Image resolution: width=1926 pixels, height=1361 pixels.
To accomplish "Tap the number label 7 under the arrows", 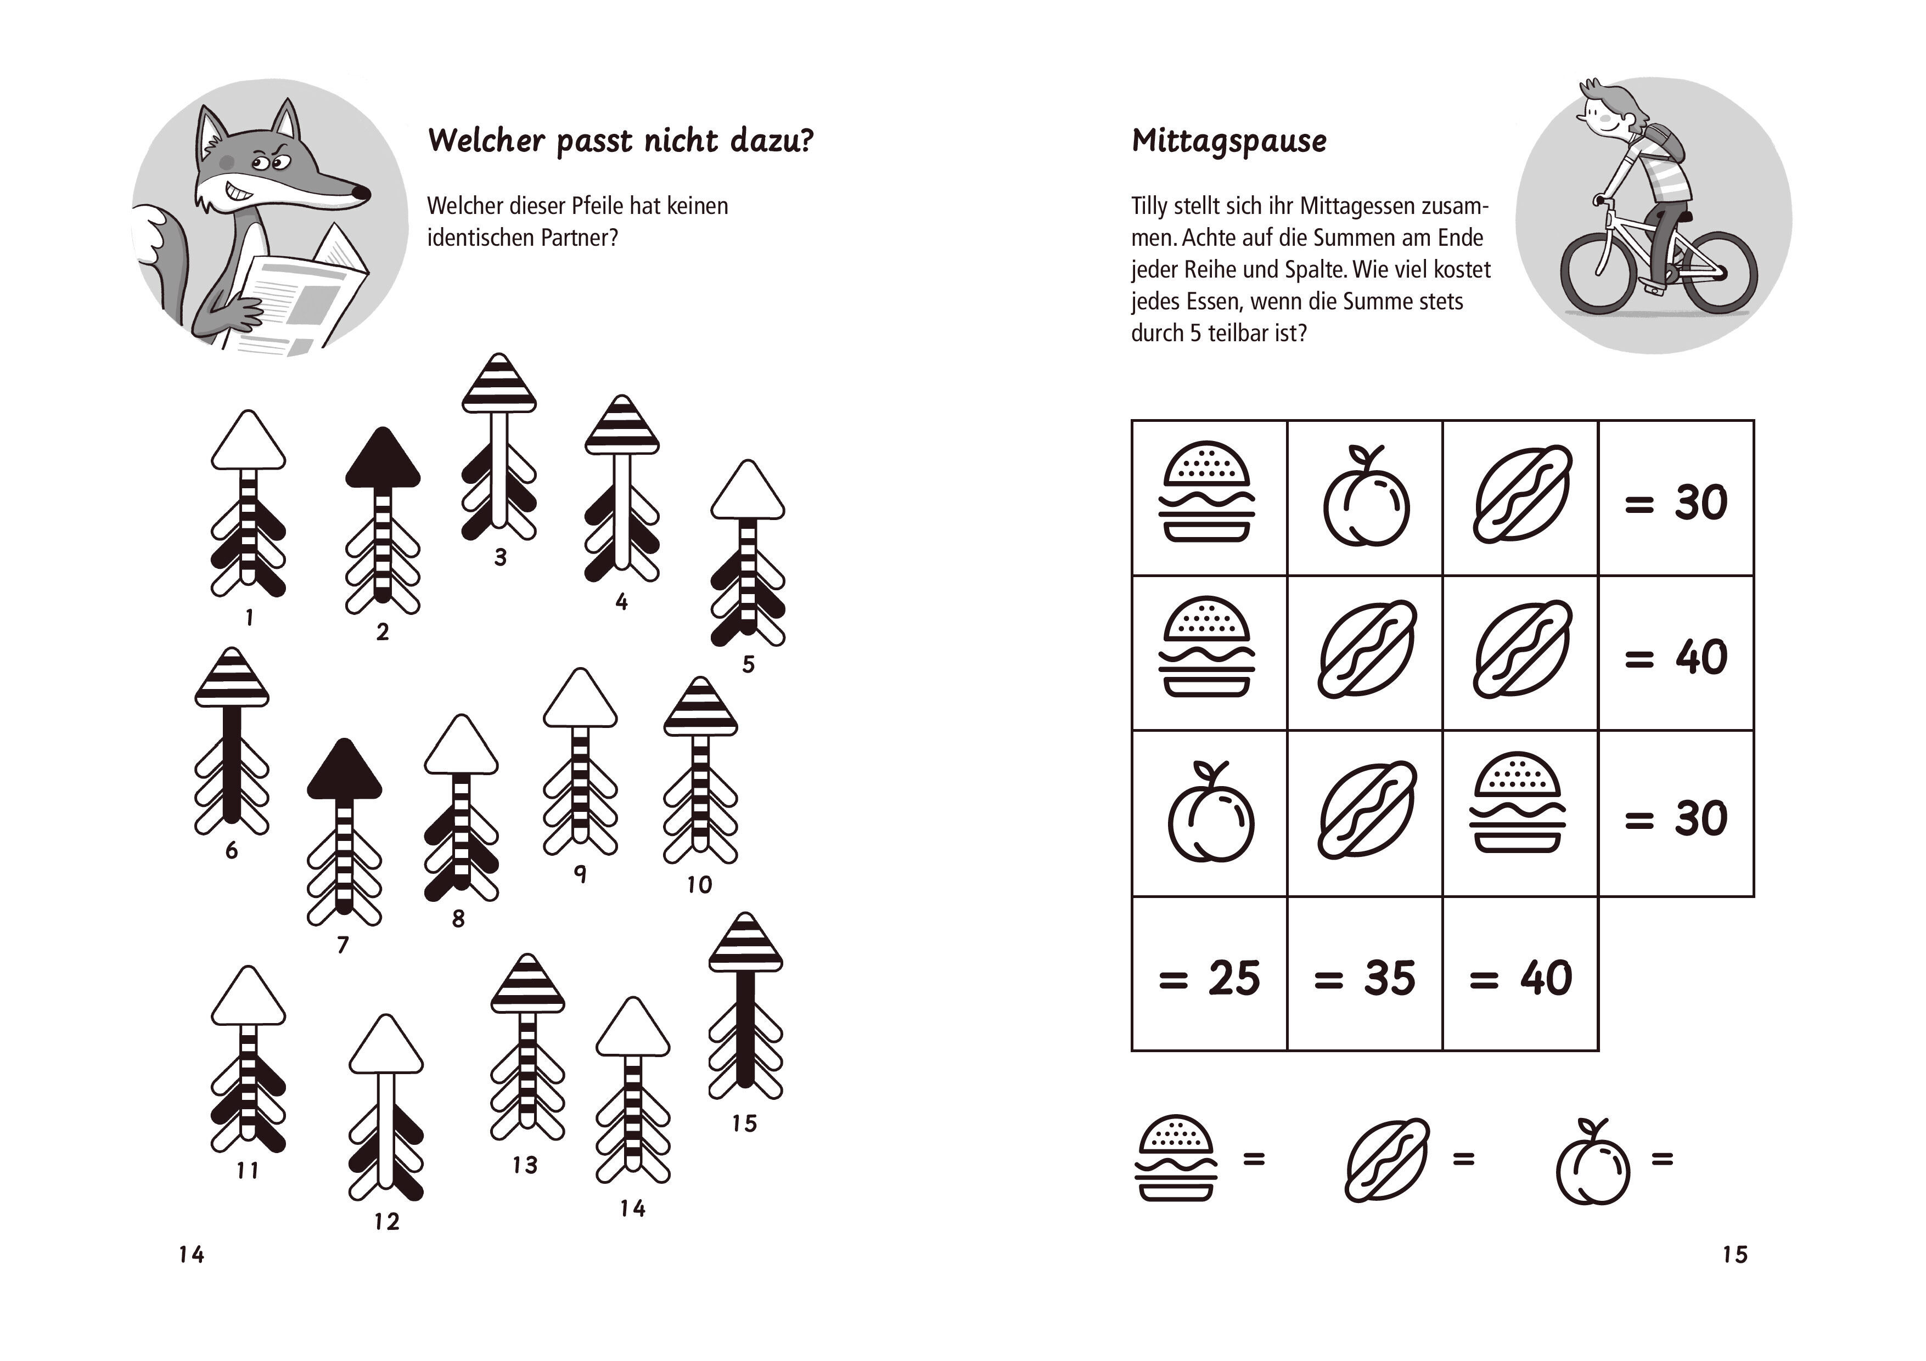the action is point(342,945).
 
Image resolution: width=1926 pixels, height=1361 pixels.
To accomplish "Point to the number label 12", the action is point(387,1222).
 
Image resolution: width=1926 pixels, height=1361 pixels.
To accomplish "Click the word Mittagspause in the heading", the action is point(1229,142).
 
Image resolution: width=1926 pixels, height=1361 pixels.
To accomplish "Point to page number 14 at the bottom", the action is point(191,1255).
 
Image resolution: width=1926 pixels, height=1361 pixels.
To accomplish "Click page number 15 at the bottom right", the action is point(1735,1255).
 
